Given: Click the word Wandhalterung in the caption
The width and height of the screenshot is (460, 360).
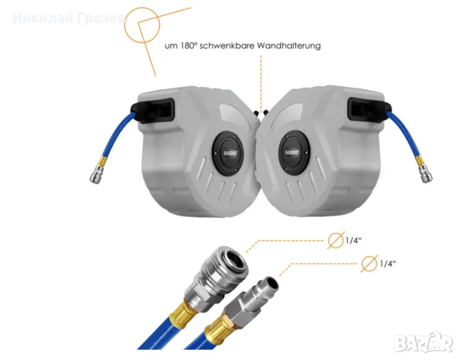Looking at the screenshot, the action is (x=288, y=46).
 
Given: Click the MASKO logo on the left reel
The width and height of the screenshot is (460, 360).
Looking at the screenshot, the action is (x=230, y=153).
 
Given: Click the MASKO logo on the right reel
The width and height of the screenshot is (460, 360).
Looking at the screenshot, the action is (x=292, y=152).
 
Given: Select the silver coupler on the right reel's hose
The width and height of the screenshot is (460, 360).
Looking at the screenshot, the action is (x=426, y=174).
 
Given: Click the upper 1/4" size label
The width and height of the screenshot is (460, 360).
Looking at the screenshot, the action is (x=353, y=241).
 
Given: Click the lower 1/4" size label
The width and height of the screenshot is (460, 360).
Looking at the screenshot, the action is (x=388, y=263).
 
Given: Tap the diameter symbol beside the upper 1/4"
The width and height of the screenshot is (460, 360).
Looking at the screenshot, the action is (x=336, y=240).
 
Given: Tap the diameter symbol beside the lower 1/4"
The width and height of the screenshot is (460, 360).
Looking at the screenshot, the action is (x=369, y=263).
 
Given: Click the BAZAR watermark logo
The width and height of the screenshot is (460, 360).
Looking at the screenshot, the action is (x=424, y=343).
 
